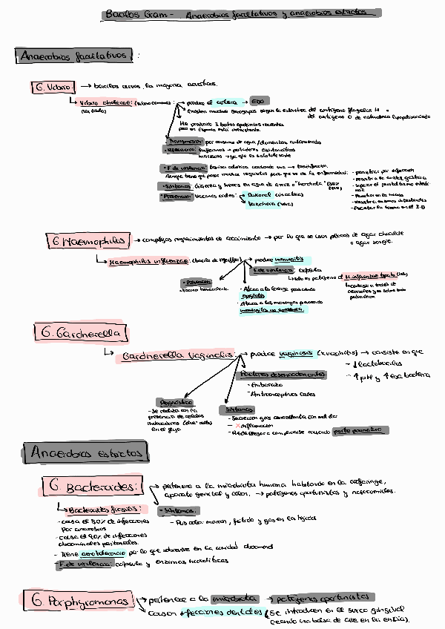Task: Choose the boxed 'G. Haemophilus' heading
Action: [x=87, y=240]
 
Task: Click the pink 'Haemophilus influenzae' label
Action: [x=148, y=261]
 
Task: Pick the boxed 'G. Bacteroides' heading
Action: [x=92, y=487]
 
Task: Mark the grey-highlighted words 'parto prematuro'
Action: [x=352, y=429]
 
